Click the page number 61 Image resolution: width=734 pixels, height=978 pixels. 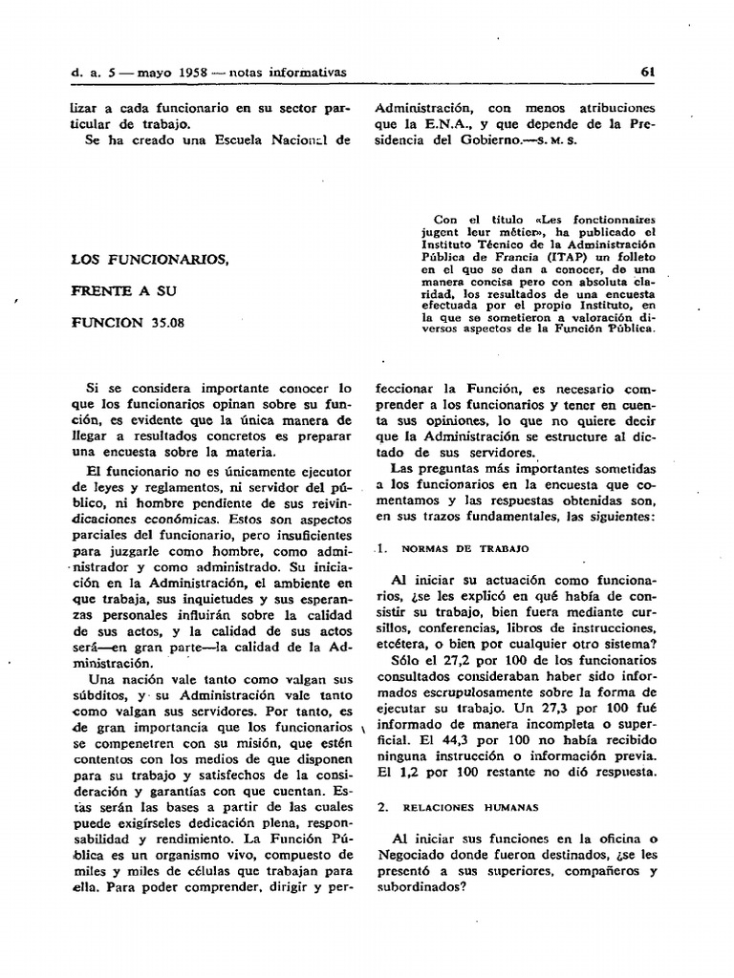(647, 73)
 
